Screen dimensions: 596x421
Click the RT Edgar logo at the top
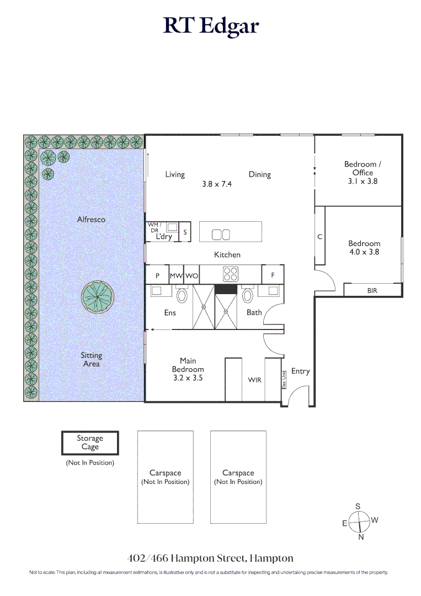210,26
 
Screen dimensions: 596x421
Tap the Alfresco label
91,220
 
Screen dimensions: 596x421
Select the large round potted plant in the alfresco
98,297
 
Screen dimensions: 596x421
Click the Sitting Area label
92,360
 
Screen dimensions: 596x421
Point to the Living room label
175,174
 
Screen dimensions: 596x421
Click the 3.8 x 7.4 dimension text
217,184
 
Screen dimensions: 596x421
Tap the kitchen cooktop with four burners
230,274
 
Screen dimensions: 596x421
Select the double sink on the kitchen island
221,235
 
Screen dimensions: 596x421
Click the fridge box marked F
273,274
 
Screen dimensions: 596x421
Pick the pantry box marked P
157,275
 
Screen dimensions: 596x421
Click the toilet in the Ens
182,296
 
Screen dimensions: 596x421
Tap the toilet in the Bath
248,296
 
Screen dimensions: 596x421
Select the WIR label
254,380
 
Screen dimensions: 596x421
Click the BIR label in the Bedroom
372,290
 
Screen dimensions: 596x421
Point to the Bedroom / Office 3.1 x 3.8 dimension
363,181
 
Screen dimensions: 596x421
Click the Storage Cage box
90,443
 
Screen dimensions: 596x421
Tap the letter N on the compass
361,538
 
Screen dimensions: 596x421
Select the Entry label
300,371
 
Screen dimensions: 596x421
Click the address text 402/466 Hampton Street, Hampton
210,558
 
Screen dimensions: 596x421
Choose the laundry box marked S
185,233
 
